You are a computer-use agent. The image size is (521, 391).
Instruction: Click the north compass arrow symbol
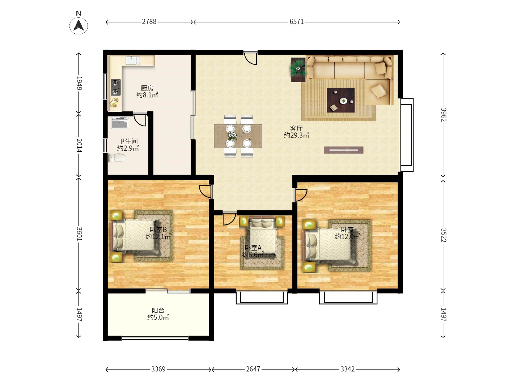point(79,25)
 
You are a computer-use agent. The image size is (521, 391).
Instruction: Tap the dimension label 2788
point(149,22)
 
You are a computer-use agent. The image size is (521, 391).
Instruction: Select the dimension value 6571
point(296,22)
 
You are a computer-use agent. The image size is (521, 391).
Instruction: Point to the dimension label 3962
point(443,115)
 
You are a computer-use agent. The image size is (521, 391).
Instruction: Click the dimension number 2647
point(253,369)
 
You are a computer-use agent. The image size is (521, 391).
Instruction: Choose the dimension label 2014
point(79,145)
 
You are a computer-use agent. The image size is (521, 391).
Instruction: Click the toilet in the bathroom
point(117,157)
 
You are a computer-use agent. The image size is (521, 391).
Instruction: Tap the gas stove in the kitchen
point(115,87)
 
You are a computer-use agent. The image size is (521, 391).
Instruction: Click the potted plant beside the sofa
point(298,69)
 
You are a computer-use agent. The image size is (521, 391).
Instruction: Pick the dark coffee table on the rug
point(340,100)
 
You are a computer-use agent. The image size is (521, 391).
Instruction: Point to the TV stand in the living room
point(343,150)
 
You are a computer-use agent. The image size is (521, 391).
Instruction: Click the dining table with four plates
point(238,136)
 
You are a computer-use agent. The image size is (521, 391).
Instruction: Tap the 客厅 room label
point(296,129)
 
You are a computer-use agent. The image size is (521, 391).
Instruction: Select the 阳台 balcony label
point(158,310)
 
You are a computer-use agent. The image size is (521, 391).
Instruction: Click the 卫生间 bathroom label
point(128,142)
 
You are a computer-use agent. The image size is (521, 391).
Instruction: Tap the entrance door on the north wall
point(251,58)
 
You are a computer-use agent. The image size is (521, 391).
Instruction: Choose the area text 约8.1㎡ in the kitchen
point(147,95)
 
